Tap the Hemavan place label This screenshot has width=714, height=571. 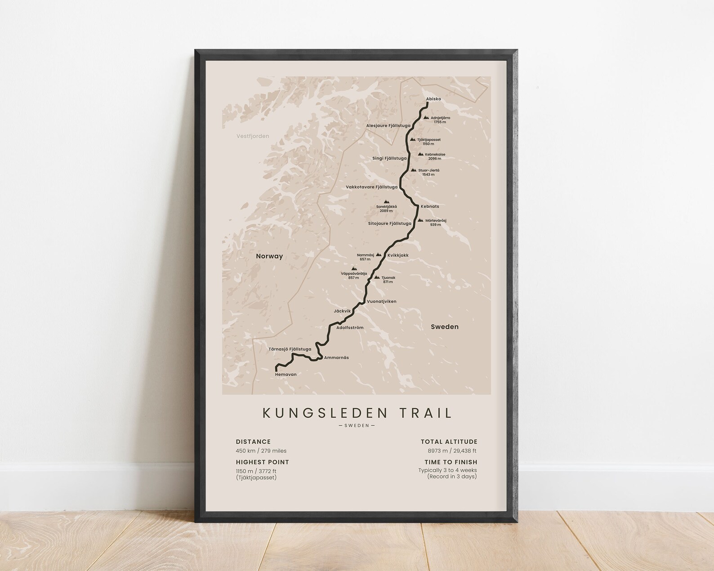pos(286,374)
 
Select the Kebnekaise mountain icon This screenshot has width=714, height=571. pos(420,154)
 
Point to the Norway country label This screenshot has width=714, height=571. pos(269,256)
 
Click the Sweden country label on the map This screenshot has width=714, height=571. pos(444,327)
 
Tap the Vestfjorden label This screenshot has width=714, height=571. pos(253,136)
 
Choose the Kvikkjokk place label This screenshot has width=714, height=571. pos(397,255)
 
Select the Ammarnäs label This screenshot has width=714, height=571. pos(336,357)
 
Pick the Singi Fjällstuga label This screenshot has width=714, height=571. pos(389,158)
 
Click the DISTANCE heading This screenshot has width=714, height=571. pos(253,442)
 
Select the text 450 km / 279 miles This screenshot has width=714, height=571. pos(261,451)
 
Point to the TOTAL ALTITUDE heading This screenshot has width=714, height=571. pos(449,442)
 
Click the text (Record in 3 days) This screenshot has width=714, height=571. pos(451,477)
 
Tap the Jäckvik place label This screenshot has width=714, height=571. pos(342,311)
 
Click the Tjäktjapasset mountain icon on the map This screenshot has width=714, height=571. pos(412,139)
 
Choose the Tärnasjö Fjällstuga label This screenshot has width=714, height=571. pos(290,349)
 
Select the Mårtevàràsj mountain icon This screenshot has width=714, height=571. pos(420,220)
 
